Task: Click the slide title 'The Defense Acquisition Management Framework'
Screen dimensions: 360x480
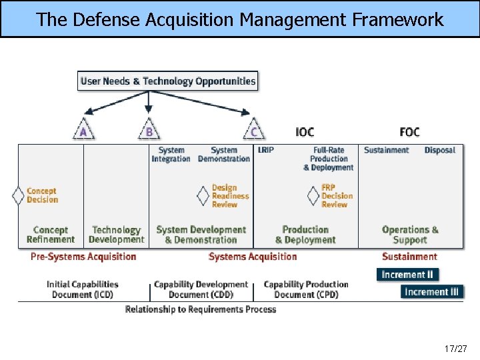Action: tap(240, 19)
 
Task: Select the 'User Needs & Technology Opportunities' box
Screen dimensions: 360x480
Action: tap(168, 81)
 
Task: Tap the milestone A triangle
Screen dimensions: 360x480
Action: tap(83, 130)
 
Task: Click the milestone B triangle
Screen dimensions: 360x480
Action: tap(149, 130)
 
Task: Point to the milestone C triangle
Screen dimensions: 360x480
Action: tap(253, 130)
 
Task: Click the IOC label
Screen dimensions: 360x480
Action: tap(305, 132)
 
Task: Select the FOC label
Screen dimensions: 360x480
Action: tap(409, 132)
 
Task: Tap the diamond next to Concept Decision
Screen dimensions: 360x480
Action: tap(19, 196)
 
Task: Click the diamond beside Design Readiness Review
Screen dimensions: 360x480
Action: tap(203, 196)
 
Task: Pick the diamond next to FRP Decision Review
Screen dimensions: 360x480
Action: tap(313, 196)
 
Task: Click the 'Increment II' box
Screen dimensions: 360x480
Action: tap(407, 275)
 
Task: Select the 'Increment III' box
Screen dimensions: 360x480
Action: tap(432, 292)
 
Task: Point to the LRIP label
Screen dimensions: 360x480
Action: tap(265, 150)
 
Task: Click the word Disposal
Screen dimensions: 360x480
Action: tap(439, 150)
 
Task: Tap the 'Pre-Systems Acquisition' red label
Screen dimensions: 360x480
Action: tap(83, 257)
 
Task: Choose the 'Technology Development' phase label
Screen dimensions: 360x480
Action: tap(116, 235)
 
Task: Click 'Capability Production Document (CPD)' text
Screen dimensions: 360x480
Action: tap(306, 289)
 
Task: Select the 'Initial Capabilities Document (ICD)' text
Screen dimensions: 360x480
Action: tap(83, 289)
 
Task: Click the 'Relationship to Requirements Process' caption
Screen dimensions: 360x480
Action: tap(201, 309)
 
